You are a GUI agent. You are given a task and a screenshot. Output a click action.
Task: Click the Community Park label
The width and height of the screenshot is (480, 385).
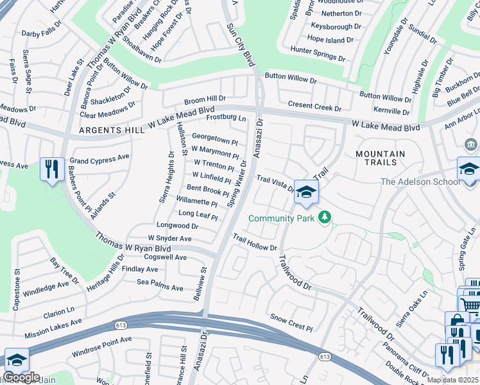[282, 219]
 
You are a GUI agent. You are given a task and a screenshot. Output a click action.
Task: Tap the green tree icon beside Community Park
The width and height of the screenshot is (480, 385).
[325, 218]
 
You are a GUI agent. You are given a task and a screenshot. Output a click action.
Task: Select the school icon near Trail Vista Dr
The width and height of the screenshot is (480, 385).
[307, 193]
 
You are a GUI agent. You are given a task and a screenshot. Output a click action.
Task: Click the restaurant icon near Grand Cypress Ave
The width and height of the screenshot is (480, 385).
[52, 169]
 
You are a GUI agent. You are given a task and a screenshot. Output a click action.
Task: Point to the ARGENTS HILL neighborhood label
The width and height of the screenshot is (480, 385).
[103, 130]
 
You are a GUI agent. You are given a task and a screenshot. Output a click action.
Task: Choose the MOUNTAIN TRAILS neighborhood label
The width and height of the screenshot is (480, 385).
[380, 159]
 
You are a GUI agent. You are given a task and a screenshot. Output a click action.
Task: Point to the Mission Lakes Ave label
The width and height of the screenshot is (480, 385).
[53, 329]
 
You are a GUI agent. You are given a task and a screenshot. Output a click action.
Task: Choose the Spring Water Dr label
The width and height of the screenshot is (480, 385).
[238, 184]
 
